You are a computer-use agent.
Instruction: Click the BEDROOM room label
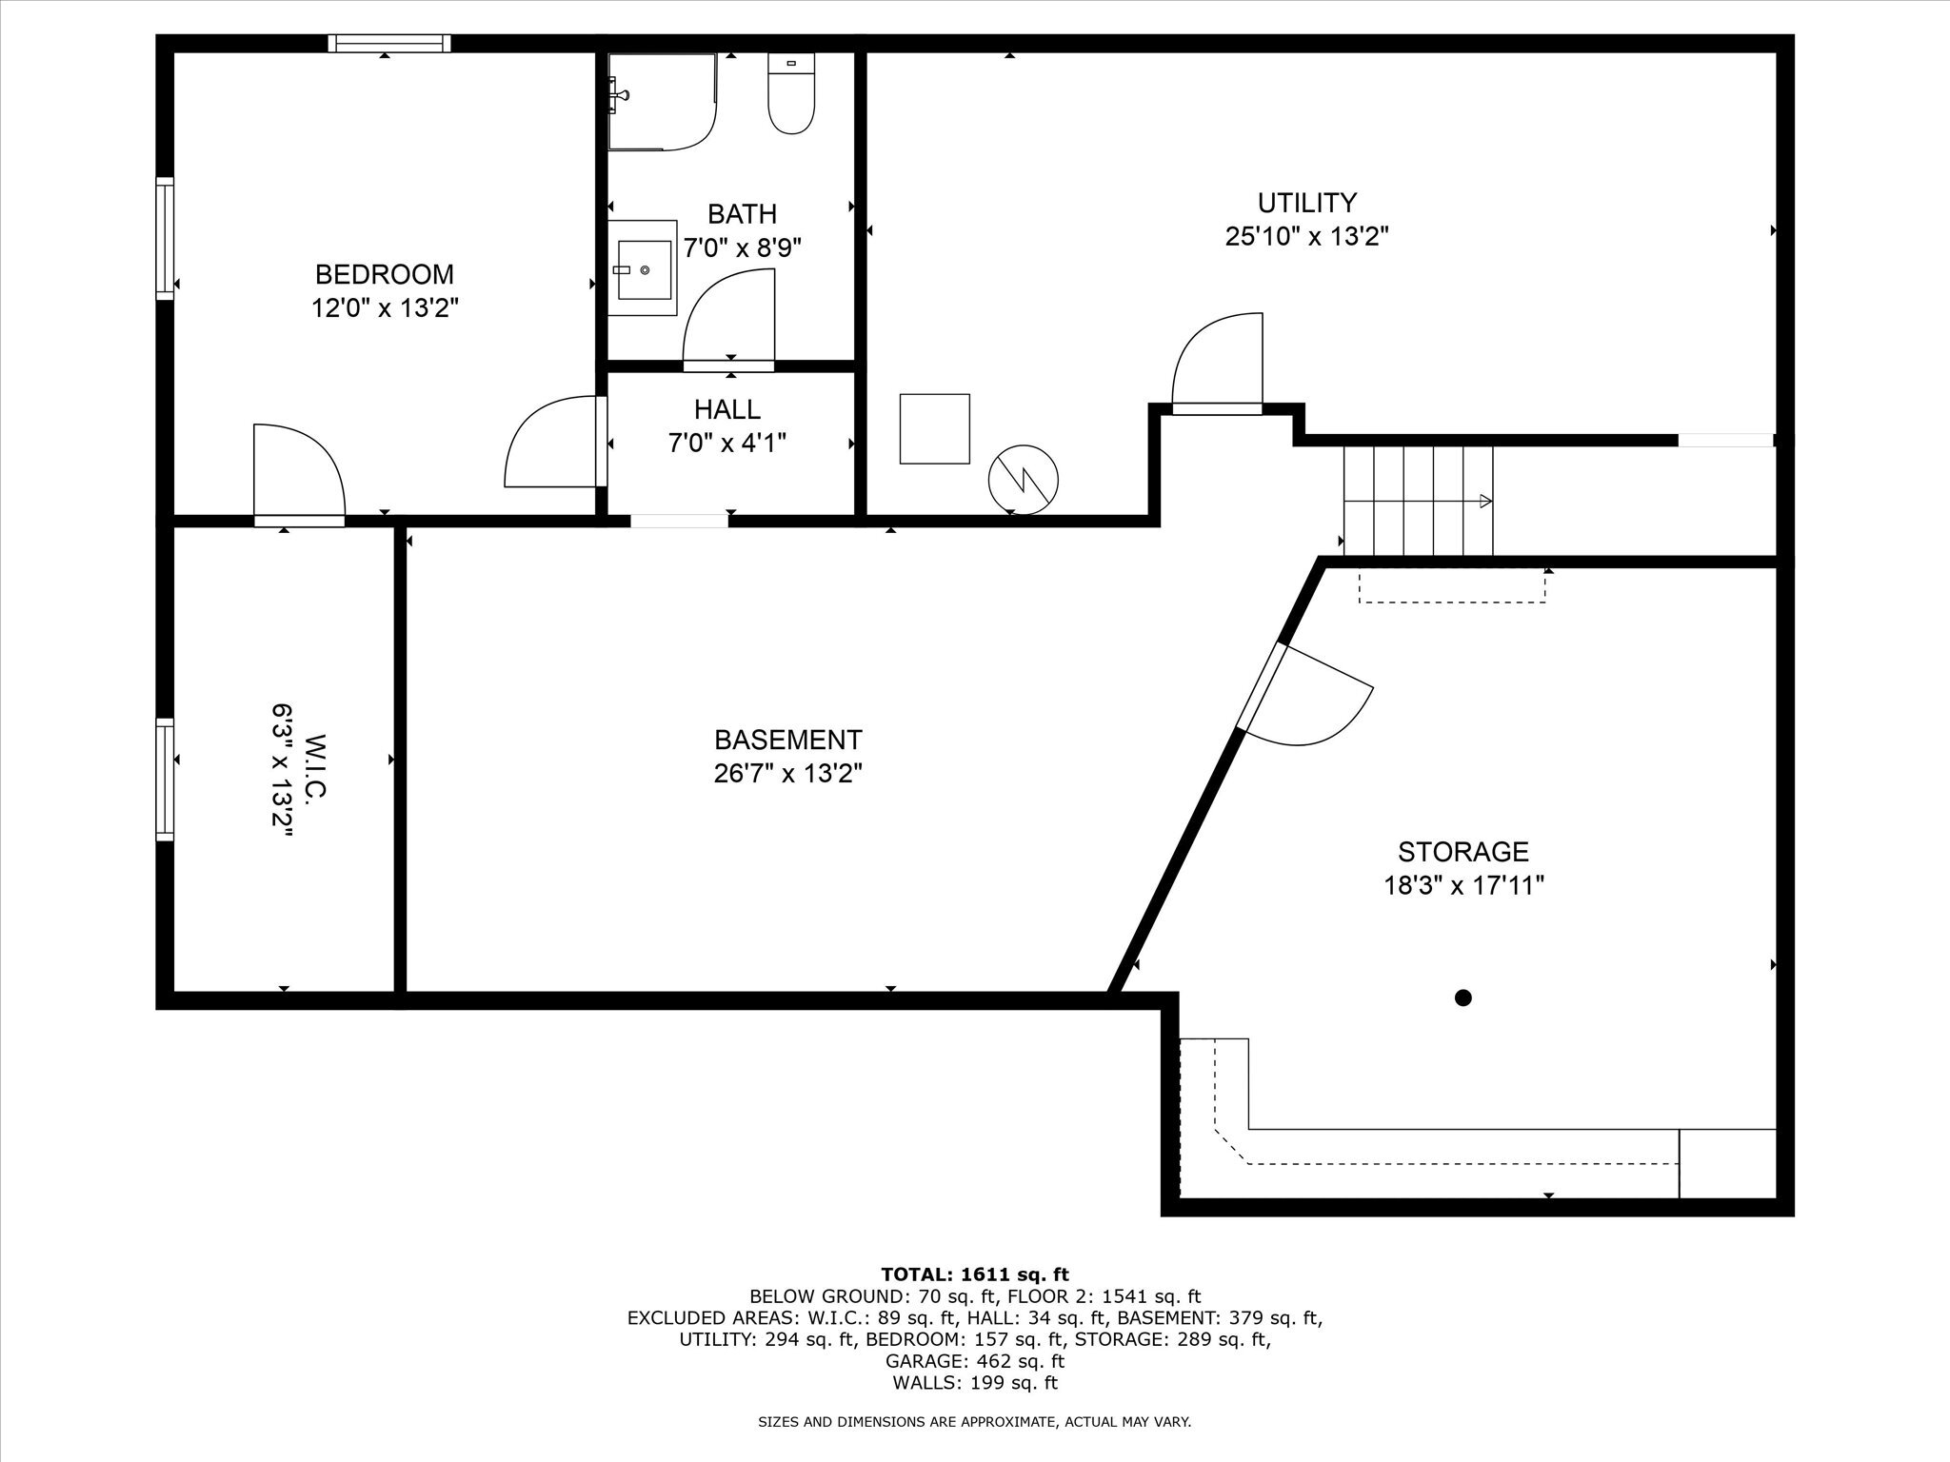384,275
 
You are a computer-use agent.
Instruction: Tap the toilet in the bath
791,95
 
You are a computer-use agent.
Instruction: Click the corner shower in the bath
661,102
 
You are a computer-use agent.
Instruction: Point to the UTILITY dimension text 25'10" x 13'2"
1306,237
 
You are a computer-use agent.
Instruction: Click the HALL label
727,410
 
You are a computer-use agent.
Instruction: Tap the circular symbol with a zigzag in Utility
1024,481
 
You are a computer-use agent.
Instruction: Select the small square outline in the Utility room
934,428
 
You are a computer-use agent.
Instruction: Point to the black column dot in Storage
1463,998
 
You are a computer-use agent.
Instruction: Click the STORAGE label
1462,851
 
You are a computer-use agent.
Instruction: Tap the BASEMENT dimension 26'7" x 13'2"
787,774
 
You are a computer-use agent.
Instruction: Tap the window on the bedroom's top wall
389,43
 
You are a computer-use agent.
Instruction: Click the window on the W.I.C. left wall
166,780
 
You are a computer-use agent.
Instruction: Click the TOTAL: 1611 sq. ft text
974,1274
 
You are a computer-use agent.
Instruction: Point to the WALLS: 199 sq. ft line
974,1383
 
